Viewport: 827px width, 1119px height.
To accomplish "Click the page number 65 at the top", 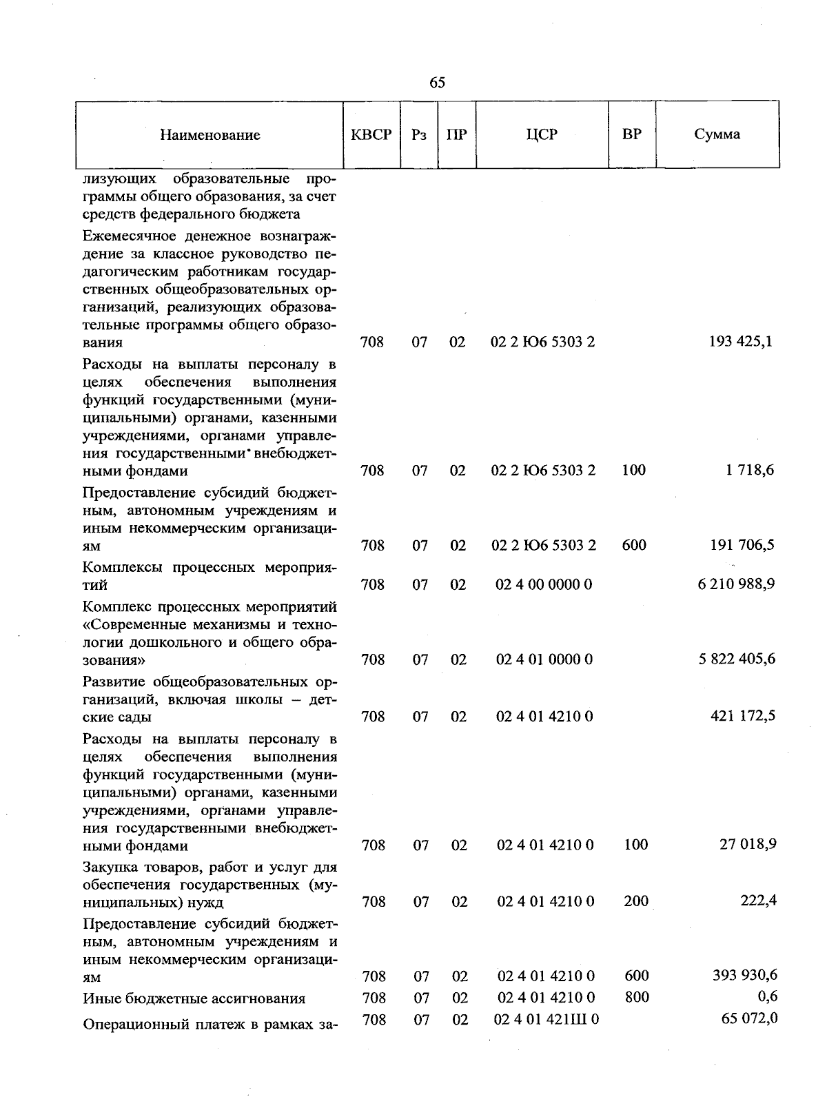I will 438,83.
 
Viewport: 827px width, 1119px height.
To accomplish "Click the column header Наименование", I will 210,135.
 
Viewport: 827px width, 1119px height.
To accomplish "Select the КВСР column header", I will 371,134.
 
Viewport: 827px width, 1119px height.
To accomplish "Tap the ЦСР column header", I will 542,134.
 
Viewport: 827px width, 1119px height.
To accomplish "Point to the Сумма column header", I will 717,134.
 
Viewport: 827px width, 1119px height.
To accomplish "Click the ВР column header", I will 631,134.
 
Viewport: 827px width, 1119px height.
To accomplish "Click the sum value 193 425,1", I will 740,341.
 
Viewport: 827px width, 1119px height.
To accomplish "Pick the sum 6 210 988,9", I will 736,584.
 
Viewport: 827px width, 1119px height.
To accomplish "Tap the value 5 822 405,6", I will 737,659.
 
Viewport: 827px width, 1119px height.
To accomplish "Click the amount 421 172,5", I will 742,716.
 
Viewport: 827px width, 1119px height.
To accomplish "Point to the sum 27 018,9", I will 748,844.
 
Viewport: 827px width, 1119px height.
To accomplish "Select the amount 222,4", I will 758,901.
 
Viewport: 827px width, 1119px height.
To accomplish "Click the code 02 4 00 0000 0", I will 544,584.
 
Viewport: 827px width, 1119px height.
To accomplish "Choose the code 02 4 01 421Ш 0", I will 546,1019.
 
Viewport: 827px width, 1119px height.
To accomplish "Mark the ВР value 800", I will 636,997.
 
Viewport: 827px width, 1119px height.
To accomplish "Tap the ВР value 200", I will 636,901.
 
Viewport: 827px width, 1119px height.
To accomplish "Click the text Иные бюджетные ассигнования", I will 194,998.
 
